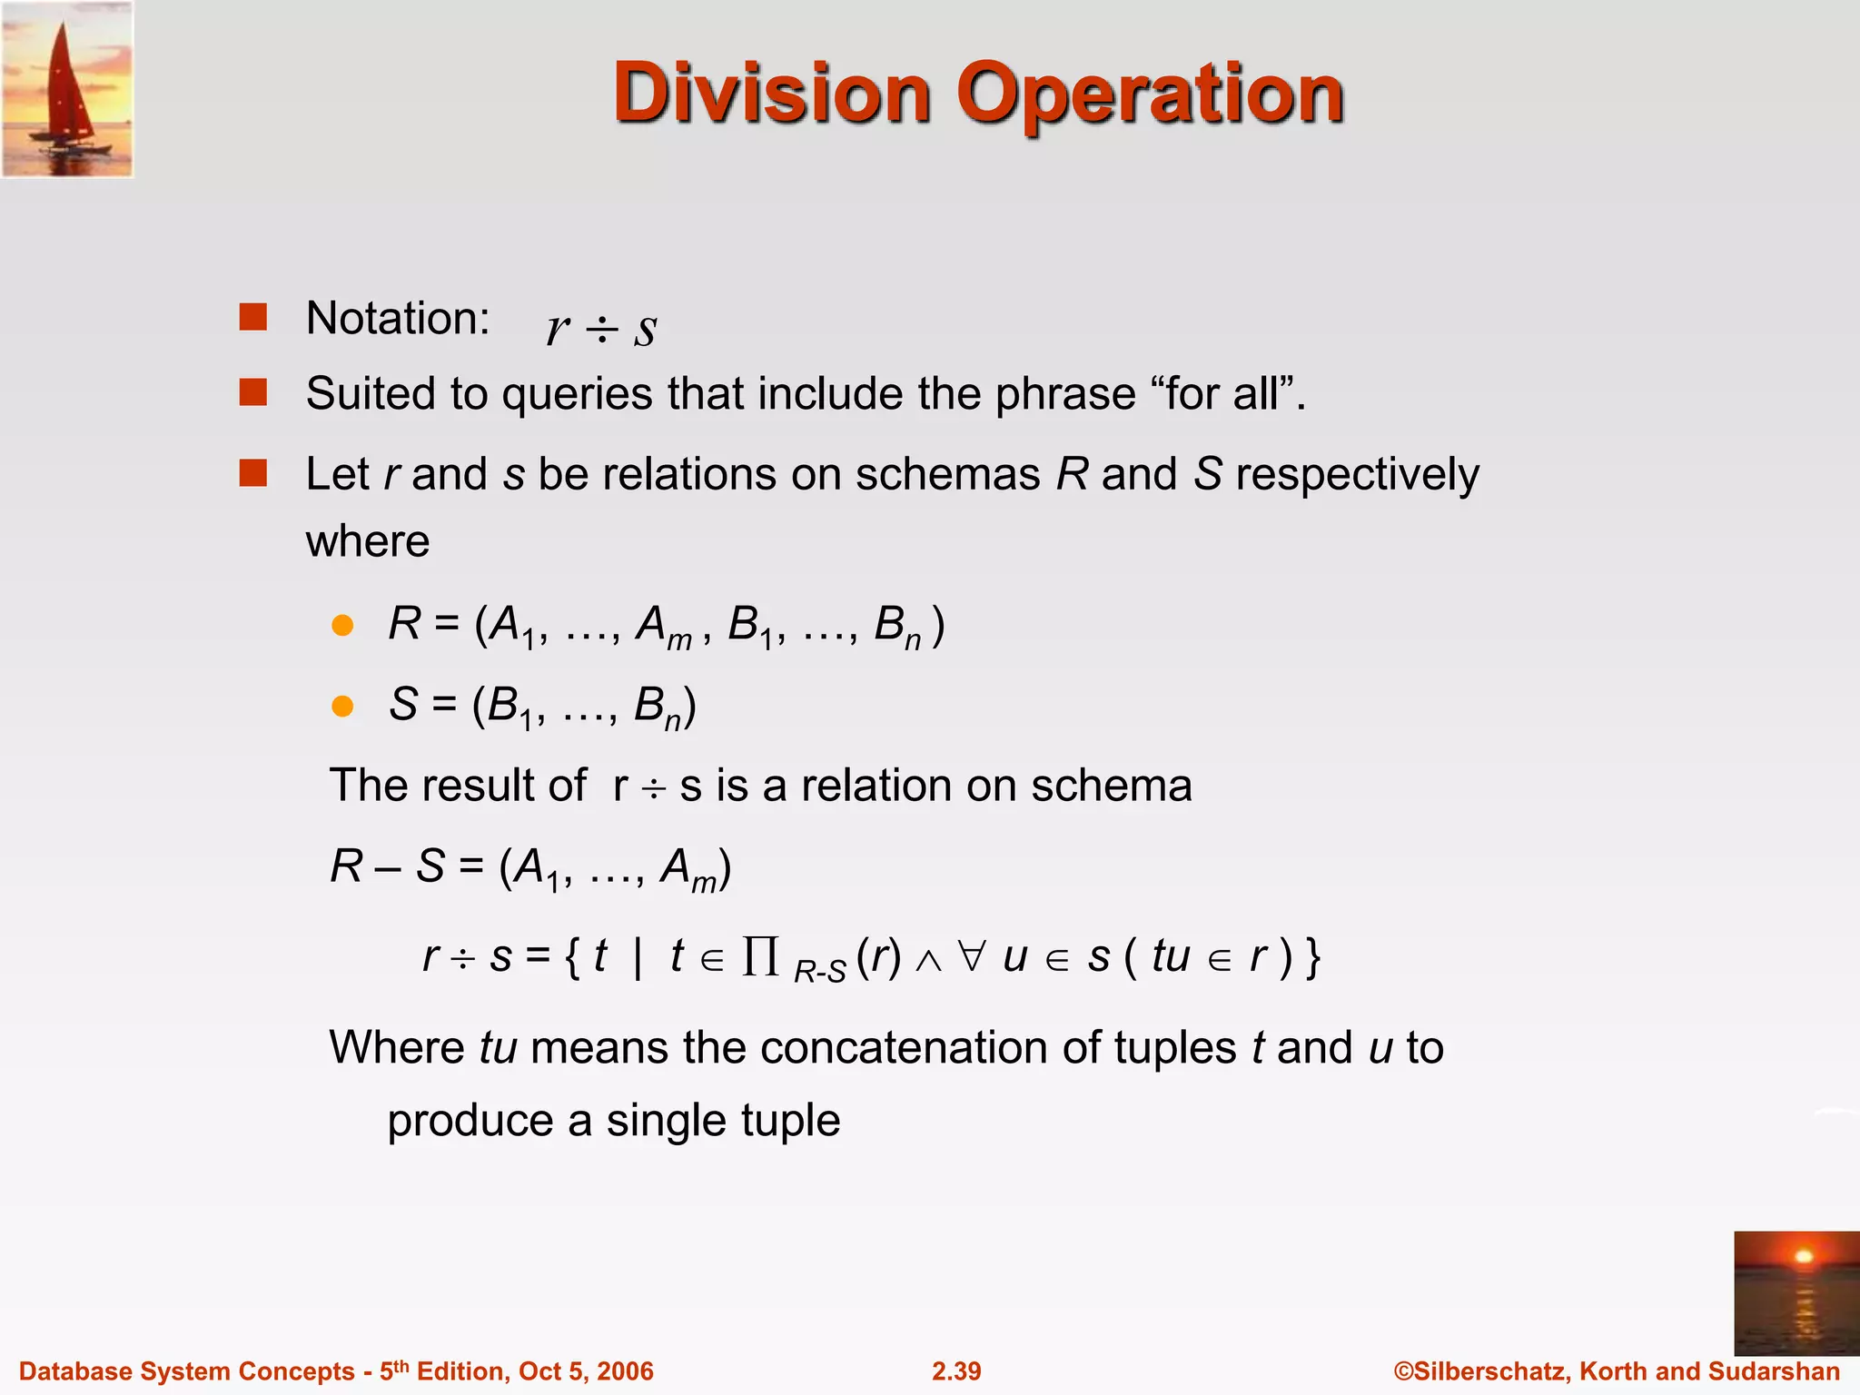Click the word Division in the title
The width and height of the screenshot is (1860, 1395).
[x=772, y=93]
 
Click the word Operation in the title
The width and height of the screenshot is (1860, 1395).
[x=1150, y=94]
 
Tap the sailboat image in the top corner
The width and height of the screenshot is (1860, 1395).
[x=67, y=89]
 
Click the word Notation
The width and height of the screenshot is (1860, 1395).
[x=398, y=319]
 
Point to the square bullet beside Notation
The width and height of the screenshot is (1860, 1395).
[x=252, y=317]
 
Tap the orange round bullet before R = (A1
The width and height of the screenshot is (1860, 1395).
[x=342, y=626]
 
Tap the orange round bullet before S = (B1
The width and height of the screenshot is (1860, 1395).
[x=342, y=706]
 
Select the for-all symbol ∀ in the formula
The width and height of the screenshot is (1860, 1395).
[x=971, y=956]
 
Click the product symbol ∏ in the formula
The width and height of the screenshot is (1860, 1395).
[x=760, y=956]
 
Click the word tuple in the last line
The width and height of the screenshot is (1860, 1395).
[x=789, y=1121]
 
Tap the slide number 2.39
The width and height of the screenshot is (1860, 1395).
[x=955, y=1371]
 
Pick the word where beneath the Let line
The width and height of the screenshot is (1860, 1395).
[x=368, y=542]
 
